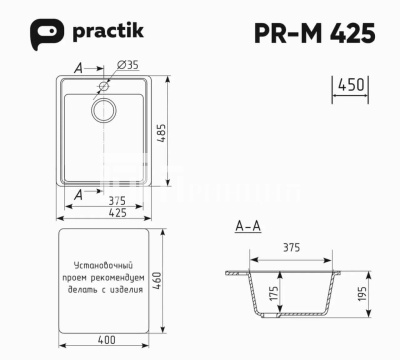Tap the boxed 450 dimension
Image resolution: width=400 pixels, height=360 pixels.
point(350,86)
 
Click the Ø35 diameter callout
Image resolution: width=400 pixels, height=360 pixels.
point(127,66)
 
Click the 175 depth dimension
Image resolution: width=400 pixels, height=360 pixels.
point(273,294)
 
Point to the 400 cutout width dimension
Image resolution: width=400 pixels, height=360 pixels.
point(106,341)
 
